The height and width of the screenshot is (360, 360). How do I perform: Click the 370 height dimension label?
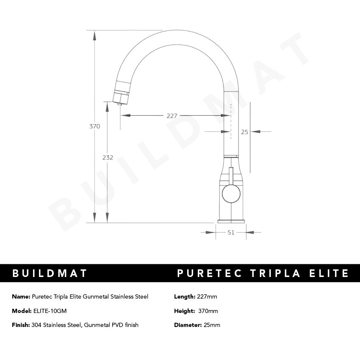pos(94,126)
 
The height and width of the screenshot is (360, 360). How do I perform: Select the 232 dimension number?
pos(108,158)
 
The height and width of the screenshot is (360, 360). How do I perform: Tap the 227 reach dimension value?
pos(172,116)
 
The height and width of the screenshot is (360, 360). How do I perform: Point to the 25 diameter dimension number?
pos(244,132)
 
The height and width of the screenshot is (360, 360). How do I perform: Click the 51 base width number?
pos(231,232)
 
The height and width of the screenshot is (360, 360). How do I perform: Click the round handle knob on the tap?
pos(231,194)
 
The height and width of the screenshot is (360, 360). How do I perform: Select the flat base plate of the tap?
pos(231,221)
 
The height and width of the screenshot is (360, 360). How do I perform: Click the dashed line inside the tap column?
pos(231,121)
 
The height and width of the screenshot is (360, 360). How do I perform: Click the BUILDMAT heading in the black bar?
pos(50,273)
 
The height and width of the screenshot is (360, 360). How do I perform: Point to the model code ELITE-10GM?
pos(50,311)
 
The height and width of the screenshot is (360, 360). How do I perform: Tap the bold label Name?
pos(21,296)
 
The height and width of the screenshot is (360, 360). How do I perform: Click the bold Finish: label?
pos(21,325)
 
